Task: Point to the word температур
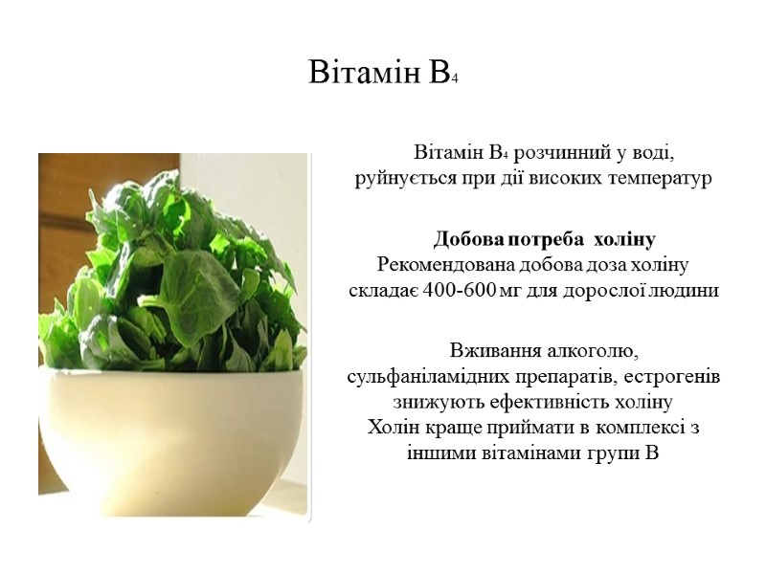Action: (660, 179)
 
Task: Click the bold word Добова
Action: (467, 238)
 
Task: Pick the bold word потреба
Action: (545, 238)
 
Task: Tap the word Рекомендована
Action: (445, 264)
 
